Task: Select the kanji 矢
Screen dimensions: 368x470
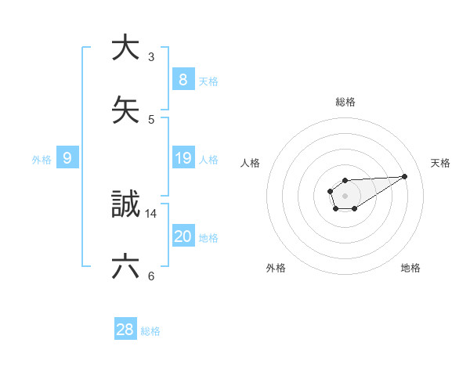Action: [x=125, y=109]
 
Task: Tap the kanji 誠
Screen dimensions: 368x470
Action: [x=125, y=205]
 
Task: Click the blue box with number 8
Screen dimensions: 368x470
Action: [x=183, y=80]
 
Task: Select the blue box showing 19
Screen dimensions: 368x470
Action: [x=183, y=159]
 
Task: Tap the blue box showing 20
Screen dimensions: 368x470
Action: [x=183, y=237]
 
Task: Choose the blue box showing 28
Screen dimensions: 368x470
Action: [x=125, y=330]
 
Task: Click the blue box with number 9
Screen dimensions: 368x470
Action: [x=67, y=159]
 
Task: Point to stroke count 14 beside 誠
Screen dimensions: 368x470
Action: [x=151, y=213]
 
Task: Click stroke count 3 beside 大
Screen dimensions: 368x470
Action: [x=151, y=56]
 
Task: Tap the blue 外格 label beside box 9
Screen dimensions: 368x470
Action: [x=42, y=160]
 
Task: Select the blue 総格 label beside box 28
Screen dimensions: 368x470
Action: [x=150, y=330]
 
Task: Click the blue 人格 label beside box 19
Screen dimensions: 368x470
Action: [x=208, y=160]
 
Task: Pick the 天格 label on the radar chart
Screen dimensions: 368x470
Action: [x=440, y=163]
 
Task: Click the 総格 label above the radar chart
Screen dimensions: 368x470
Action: [x=345, y=102]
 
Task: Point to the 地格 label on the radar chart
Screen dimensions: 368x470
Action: [x=410, y=268]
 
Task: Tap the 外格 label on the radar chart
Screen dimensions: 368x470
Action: [x=276, y=268]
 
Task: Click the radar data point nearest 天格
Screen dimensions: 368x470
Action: [x=405, y=176]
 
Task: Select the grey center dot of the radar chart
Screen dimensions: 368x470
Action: [x=345, y=195]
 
